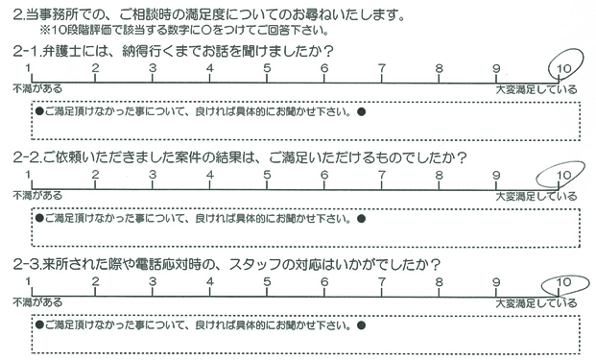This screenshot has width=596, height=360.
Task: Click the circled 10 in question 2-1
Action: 564,68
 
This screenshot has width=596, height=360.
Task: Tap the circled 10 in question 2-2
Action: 564,175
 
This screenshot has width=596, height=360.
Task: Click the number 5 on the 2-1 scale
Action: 267,68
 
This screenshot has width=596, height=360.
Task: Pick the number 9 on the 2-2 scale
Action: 496,176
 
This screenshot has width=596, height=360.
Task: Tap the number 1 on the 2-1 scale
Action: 32,68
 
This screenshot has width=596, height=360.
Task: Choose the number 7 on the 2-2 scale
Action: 382,176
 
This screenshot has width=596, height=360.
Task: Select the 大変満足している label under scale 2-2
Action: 537,196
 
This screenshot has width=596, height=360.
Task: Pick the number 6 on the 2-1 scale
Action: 324,68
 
